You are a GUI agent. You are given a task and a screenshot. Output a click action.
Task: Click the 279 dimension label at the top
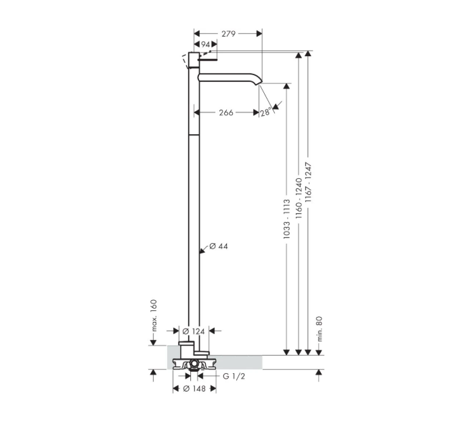tap(228, 34)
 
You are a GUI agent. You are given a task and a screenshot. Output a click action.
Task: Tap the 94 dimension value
tap(206, 45)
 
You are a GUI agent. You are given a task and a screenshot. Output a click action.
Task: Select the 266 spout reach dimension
tap(226, 112)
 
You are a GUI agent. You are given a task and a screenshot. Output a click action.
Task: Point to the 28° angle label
tap(266, 112)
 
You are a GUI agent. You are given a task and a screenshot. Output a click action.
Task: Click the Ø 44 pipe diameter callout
tap(219, 247)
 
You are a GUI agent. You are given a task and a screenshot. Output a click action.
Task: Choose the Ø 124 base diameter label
tap(194, 332)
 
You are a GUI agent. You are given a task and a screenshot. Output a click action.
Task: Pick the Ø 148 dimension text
tap(194, 389)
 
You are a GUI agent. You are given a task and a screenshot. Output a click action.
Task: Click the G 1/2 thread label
tap(234, 377)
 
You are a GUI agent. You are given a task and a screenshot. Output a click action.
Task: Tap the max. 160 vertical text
tap(154, 316)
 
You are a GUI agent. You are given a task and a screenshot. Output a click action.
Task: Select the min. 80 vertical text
tap(320, 329)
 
